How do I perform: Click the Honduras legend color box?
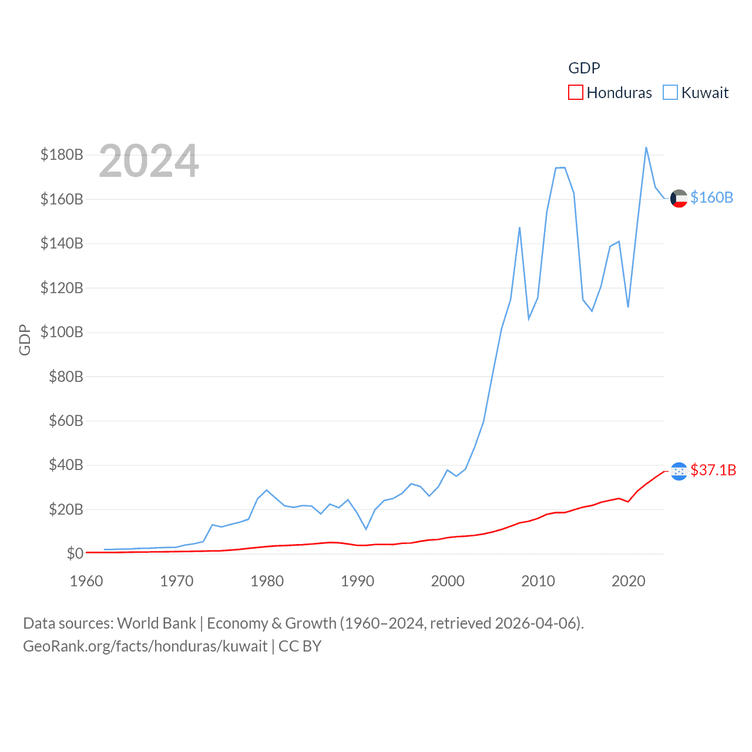tap(576, 93)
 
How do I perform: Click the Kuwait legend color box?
tap(670, 93)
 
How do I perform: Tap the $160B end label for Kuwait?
tap(711, 197)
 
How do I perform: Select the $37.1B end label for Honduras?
tap(713, 470)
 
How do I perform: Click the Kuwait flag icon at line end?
tap(679, 199)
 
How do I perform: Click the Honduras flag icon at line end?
tap(679, 471)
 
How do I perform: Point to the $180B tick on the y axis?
tap(62, 155)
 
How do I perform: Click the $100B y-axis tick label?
tap(62, 332)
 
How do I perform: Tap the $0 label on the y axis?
tap(75, 553)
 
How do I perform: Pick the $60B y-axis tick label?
tap(66, 421)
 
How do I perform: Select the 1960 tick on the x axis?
tap(86, 581)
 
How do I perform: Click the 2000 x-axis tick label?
tap(448, 581)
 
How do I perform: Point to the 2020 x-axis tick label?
tap(629, 581)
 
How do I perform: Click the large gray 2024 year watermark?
tap(149, 161)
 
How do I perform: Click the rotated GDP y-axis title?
tap(25, 340)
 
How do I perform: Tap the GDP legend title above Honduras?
tap(584, 68)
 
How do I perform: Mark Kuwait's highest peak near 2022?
tap(646, 147)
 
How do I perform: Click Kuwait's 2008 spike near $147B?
tap(519, 227)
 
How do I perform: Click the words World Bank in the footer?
tap(157, 623)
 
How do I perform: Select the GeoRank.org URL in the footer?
tap(145, 646)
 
